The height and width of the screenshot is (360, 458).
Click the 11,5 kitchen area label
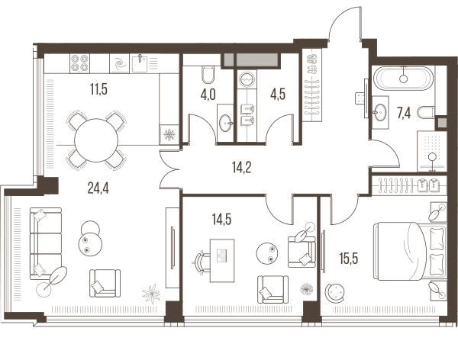(x=98, y=89)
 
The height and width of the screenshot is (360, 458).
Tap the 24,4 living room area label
(x=98, y=188)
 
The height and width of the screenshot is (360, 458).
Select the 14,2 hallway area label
(x=241, y=168)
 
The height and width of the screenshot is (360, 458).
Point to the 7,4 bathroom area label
(x=404, y=113)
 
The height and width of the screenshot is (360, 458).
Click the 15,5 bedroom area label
(x=349, y=259)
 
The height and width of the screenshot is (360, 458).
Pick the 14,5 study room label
(x=221, y=219)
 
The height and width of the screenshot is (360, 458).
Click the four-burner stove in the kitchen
(x=79, y=63)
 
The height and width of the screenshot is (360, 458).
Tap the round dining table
(x=96, y=140)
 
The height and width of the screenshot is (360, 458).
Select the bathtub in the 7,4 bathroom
(x=405, y=79)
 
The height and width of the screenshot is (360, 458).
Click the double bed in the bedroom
(x=410, y=252)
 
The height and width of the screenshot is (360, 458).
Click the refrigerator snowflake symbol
(x=169, y=135)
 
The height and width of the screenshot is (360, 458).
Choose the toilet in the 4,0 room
(x=208, y=74)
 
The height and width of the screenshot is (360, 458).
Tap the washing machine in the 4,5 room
(x=247, y=79)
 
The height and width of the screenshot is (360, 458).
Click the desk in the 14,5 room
(x=222, y=261)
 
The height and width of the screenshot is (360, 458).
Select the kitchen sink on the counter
(x=139, y=63)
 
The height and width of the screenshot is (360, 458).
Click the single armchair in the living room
(x=105, y=283)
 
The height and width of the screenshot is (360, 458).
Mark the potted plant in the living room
(x=151, y=294)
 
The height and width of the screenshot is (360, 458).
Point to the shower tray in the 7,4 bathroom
(x=432, y=151)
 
